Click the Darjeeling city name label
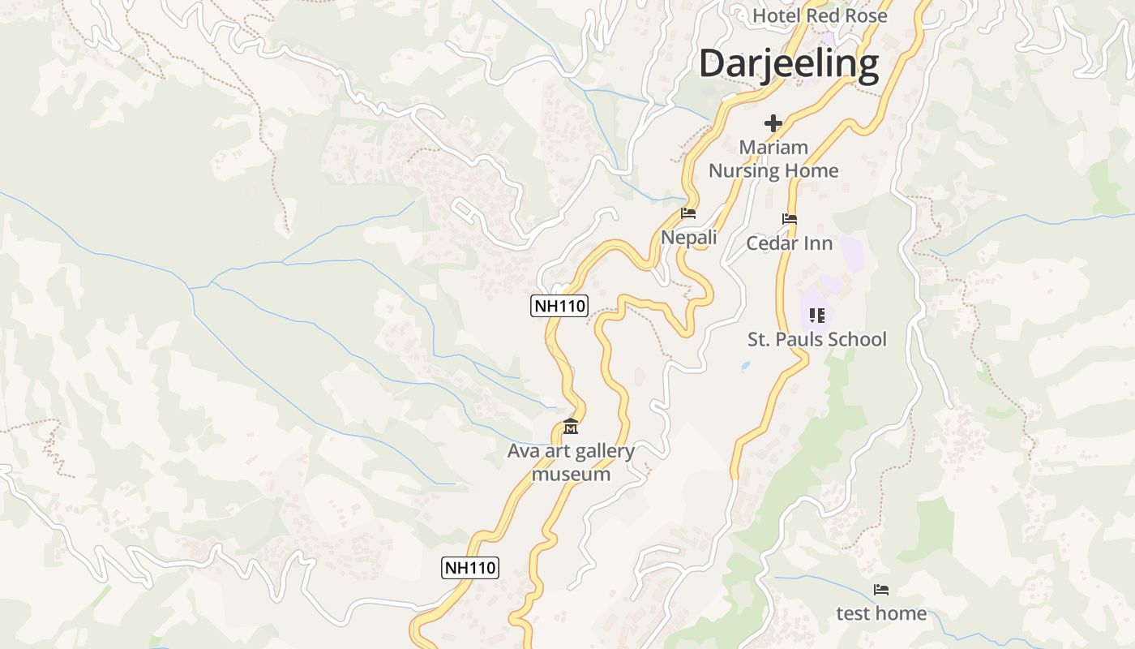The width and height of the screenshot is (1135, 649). pos(789,63)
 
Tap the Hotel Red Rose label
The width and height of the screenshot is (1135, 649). pos(820,15)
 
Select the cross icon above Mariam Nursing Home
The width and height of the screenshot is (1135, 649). pos(773,123)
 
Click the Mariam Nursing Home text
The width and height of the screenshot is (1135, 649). pos(773,159)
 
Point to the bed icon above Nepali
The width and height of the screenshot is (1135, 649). pos(688,213)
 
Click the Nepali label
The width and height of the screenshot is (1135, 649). pos(689,238)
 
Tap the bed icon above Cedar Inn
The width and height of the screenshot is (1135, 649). pos(790,219)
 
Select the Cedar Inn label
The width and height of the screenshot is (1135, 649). pos(789,243)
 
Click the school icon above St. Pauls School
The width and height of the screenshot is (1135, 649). pos(817,315)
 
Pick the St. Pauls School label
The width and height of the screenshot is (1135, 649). pos(817,339)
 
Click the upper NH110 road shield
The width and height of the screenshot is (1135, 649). pos(559,306)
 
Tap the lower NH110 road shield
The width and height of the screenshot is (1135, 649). pos(470,568)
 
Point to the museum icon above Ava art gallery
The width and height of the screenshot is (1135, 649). pos(571,427)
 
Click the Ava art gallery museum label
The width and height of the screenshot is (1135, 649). pos(571,462)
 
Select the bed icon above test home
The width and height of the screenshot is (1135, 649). pos(881,590)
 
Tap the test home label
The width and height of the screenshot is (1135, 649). pos(881,613)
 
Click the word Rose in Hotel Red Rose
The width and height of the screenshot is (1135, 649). pos(866,15)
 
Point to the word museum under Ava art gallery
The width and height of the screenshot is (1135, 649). pos(571,475)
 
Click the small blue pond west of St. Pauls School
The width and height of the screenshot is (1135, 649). pos(746,367)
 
